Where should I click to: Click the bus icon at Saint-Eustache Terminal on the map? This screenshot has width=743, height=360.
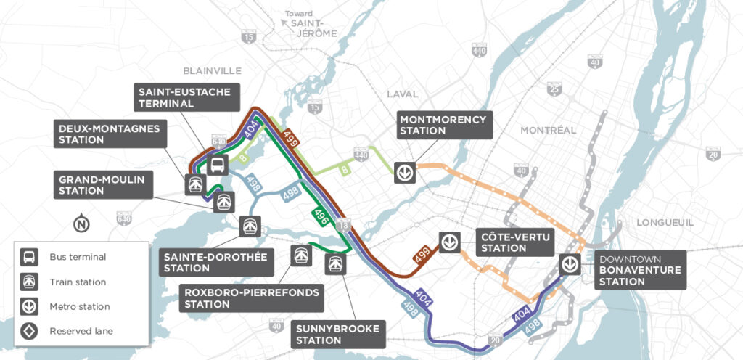(x=217, y=165)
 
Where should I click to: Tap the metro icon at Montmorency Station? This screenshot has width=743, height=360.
(x=405, y=173)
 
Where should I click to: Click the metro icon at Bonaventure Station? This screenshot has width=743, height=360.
(x=570, y=263)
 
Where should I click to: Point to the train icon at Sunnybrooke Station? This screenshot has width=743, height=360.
(x=335, y=263)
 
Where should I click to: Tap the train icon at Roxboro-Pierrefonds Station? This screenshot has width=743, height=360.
(x=300, y=254)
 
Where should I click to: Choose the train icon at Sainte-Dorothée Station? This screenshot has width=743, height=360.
(x=251, y=226)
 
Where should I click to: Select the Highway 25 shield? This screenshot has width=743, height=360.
(x=554, y=89)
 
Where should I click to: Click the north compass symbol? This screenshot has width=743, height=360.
(x=82, y=223)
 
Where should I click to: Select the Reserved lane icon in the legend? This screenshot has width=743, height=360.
(x=30, y=331)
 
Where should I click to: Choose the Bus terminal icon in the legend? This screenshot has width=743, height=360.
(x=30, y=257)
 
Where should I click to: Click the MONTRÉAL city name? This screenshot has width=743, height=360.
(x=547, y=130)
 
